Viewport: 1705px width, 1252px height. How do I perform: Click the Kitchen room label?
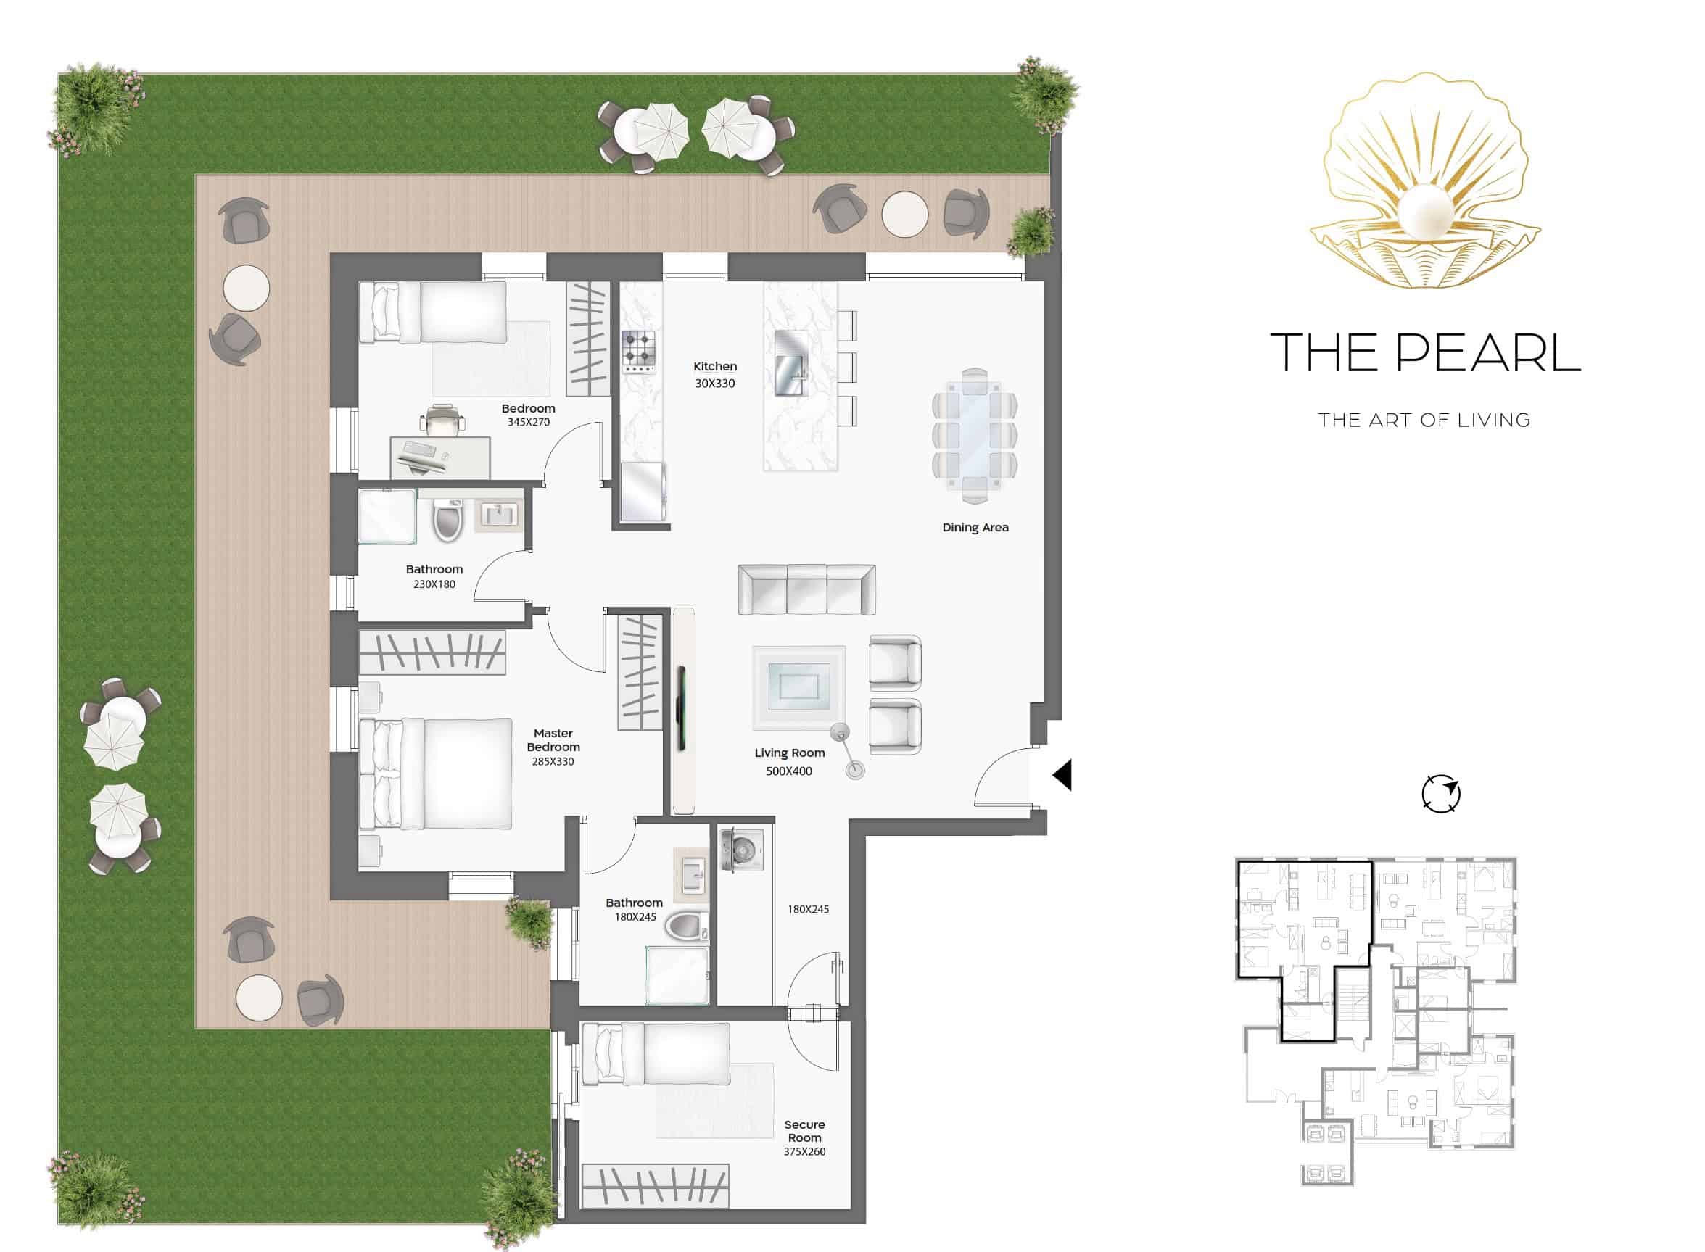(714, 367)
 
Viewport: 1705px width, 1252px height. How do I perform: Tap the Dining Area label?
(975, 528)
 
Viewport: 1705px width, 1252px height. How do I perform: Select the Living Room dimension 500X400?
(788, 771)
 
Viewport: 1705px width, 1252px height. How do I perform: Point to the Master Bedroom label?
(553, 739)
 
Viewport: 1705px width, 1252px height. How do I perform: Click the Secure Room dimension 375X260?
(804, 1151)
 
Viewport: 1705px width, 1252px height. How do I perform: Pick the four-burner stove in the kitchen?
(639, 352)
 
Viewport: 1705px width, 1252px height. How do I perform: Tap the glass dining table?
(974, 436)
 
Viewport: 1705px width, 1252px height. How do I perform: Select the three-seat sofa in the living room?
(806, 589)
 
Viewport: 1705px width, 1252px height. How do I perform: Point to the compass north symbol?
(1440, 795)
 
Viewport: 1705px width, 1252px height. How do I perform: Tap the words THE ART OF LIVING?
(1424, 420)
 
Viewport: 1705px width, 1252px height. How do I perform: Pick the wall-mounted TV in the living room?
(681, 708)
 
